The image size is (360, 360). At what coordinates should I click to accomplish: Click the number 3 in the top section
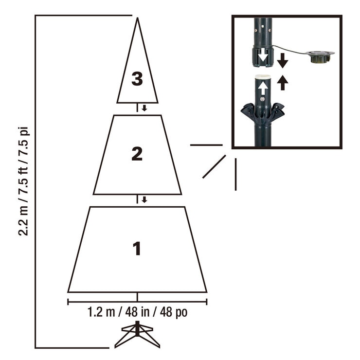pyautogui.click(x=137, y=78)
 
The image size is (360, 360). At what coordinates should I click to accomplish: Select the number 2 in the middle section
pyautogui.click(x=137, y=154)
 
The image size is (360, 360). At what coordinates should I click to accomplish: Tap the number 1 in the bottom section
pyautogui.click(x=137, y=248)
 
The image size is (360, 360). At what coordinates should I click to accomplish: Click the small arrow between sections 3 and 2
pyautogui.click(x=144, y=108)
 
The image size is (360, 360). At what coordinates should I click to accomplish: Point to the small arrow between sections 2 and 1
pyautogui.click(x=144, y=199)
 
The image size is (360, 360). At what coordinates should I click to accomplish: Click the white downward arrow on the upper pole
pyautogui.click(x=263, y=56)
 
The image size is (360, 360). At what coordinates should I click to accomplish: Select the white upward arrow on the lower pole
pyautogui.click(x=263, y=89)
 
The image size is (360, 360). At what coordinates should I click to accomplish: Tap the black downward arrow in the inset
pyautogui.click(x=283, y=60)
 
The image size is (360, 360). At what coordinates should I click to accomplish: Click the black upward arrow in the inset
pyautogui.click(x=283, y=83)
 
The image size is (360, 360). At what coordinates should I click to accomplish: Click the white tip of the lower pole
pyautogui.click(x=263, y=76)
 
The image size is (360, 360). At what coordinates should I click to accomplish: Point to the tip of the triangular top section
pyautogui.click(x=138, y=20)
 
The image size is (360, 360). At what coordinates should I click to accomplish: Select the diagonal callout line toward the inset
pyautogui.click(x=214, y=167)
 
